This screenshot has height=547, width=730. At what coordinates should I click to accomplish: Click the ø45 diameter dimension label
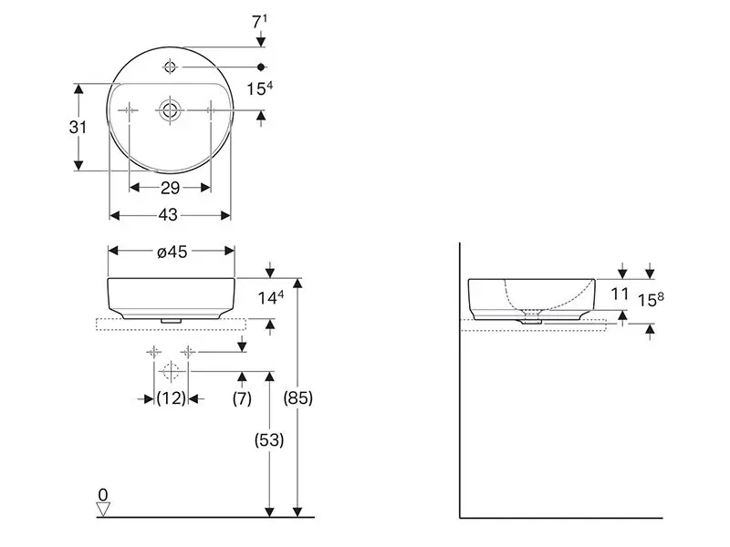(x=172, y=252)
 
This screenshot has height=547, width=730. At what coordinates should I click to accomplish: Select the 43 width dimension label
(x=168, y=215)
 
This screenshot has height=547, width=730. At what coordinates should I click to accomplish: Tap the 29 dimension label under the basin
(x=170, y=188)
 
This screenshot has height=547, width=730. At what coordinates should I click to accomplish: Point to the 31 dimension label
(x=78, y=127)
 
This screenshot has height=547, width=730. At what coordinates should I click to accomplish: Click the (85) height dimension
(x=298, y=397)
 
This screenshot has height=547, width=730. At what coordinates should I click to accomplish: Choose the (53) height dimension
(x=269, y=439)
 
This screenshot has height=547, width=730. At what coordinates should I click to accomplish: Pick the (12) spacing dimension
(x=172, y=398)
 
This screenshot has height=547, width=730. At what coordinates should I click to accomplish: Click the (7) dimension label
(x=242, y=398)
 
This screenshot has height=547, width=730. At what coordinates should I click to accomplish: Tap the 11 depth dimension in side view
(x=620, y=294)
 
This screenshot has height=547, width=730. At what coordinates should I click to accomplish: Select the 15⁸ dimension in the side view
(x=651, y=299)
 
